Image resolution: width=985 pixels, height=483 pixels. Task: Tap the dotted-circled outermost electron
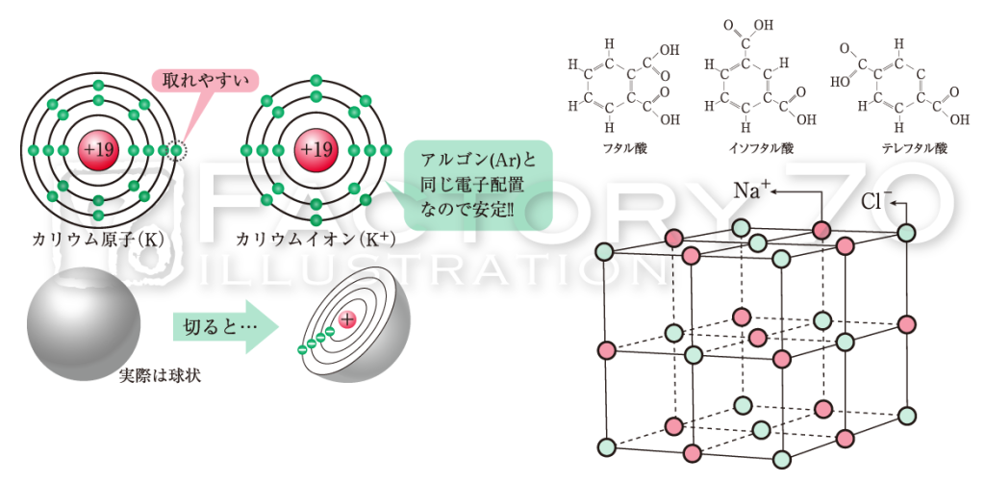click(x=178, y=151)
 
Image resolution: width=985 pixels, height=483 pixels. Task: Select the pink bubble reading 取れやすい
click(x=206, y=81)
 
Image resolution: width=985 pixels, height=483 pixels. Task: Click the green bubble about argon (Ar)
click(x=477, y=185)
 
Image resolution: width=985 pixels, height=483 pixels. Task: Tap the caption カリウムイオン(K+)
click(x=315, y=240)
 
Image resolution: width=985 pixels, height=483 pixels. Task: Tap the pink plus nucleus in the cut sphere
click(x=346, y=319)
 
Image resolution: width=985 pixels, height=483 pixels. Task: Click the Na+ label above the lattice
click(x=751, y=190)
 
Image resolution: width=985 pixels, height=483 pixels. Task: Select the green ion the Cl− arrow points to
click(x=906, y=233)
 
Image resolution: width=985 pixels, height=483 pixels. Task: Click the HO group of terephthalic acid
click(x=840, y=82)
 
